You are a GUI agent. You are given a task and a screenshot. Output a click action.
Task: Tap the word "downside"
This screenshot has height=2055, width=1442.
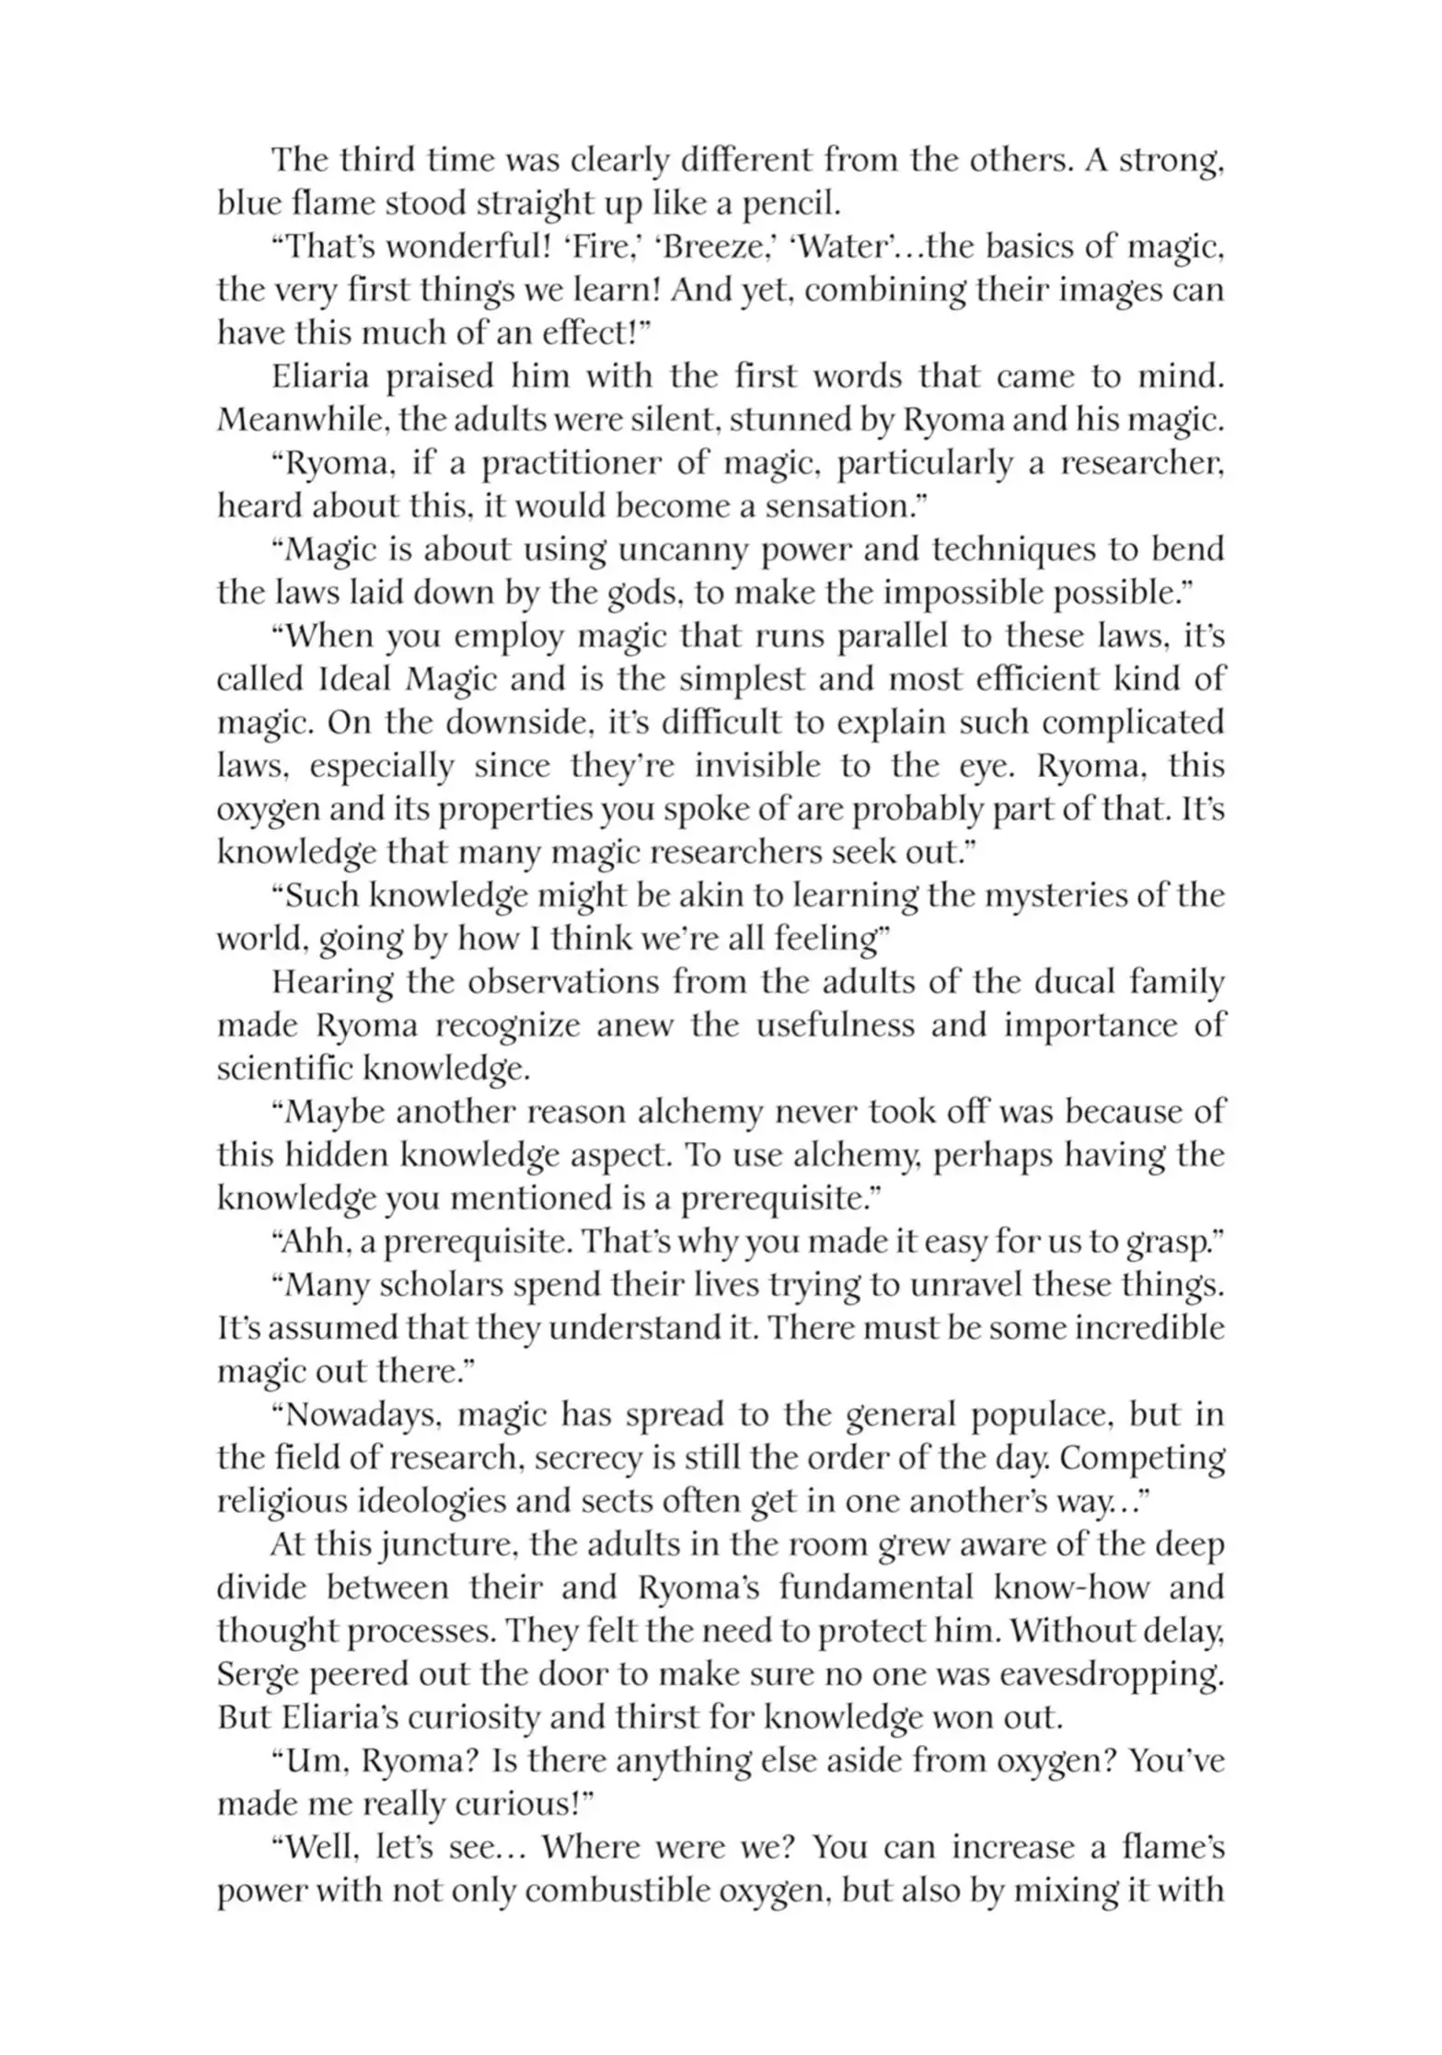click(x=516, y=722)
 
